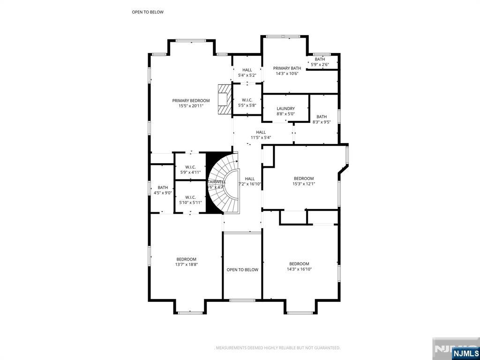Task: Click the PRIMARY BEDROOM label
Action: [x=191, y=100]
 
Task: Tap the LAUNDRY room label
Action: [x=285, y=108]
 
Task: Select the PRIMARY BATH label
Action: [x=287, y=68]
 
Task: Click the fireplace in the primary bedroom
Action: [x=225, y=99]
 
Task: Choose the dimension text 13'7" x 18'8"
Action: [x=187, y=264]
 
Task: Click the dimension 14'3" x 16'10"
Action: [x=299, y=269]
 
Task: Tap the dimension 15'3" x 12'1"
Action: [x=304, y=184]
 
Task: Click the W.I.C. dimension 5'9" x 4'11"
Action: [x=190, y=172]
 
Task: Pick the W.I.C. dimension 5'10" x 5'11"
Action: [x=190, y=202]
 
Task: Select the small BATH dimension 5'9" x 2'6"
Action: [x=320, y=65]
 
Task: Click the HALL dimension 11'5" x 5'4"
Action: [x=261, y=137]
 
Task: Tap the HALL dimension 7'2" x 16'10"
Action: [x=250, y=184]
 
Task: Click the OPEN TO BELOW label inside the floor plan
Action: [x=242, y=270]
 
